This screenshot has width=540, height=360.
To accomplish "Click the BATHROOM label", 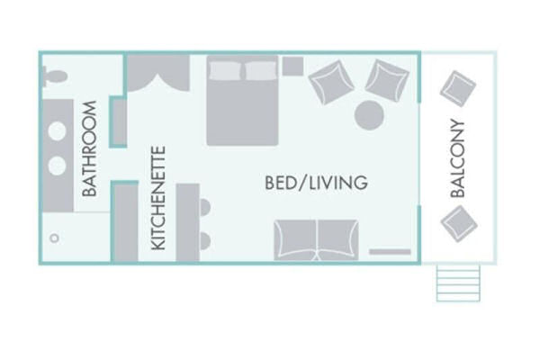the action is (x=90, y=148).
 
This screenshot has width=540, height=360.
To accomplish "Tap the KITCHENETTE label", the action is (x=158, y=198).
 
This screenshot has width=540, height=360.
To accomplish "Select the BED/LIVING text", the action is (x=316, y=183).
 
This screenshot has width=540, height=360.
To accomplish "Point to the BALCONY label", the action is (x=458, y=158).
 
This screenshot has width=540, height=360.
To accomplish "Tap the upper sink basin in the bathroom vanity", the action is (x=57, y=130).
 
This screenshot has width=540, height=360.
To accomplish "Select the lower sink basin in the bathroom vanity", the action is (x=57, y=166).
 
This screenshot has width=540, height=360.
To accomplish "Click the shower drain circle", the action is (x=54, y=238).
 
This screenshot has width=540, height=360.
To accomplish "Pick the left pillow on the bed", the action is (x=226, y=70).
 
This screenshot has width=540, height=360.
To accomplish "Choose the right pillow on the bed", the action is (x=261, y=70).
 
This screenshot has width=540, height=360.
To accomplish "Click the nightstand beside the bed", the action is (x=293, y=67).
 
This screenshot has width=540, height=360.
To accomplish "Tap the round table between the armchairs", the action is (x=369, y=115).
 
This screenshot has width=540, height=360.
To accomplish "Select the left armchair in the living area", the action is (x=331, y=82).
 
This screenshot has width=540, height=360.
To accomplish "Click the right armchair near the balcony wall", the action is (x=387, y=81).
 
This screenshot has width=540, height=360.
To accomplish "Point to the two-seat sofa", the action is (x=316, y=240).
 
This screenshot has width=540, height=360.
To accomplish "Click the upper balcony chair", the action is (x=458, y=88).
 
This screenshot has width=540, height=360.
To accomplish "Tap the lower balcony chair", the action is (x=459, y=224).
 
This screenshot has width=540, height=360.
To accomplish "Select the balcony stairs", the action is (x=458, y=283).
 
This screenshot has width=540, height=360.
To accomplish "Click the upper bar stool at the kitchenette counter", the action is (x=205, y=208).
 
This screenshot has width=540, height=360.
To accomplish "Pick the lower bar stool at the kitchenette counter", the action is (x=205, y=241).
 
